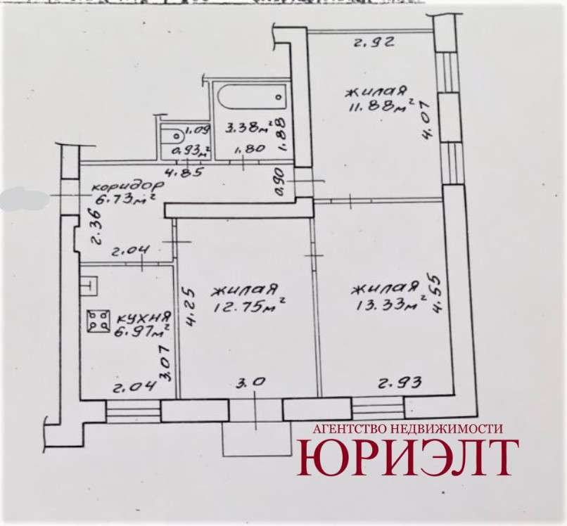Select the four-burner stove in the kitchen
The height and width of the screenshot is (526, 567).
[x=98, y=321]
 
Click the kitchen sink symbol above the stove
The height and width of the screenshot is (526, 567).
[x=89, y=286]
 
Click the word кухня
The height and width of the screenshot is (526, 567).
[x=144, y=319]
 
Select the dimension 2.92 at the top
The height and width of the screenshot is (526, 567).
[x=373, y=43]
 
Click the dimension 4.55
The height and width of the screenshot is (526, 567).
[x=435, y=295]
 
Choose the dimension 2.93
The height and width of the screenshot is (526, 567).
[x=400, y=383]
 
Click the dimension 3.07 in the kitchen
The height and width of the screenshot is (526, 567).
[x=165, y=363]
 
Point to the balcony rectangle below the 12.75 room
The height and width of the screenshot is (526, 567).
[x=257, y=438]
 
